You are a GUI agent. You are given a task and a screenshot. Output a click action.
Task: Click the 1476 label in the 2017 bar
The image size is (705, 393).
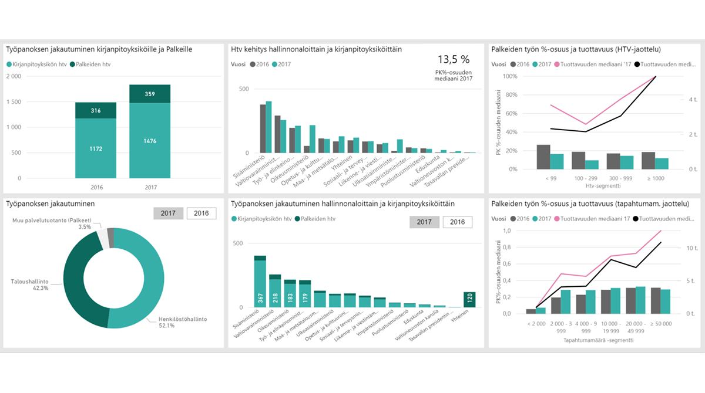click(150, 141)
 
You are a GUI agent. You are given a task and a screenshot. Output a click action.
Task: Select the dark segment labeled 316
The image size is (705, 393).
click(96, 110)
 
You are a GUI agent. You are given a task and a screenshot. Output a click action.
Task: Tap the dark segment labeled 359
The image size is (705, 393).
click(150, 93)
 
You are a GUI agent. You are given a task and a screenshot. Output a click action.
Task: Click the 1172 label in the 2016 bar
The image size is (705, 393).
click(96, 148)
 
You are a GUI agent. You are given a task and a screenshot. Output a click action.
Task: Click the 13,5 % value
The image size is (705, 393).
click(453, 59)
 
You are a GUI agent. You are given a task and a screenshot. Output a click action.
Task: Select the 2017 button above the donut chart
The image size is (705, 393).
click(168, 213)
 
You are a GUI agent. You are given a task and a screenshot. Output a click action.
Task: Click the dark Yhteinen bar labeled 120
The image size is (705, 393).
click(469, 299)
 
